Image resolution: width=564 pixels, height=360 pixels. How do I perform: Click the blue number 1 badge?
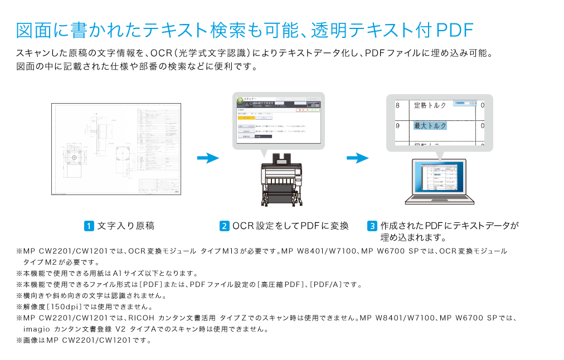89,226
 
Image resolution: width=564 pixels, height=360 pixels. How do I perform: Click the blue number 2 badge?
224,226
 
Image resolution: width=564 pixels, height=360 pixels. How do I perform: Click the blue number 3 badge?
372,226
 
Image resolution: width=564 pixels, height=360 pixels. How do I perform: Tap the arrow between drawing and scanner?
207,158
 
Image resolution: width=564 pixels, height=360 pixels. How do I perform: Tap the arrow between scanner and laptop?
357,158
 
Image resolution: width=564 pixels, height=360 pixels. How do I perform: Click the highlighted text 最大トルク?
430,126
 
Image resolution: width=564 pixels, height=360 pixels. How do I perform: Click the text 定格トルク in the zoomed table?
430,105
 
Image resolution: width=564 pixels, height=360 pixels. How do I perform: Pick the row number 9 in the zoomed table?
397,126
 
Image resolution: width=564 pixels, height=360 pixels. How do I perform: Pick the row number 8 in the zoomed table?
397,105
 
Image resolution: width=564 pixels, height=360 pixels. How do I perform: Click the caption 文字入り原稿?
125,226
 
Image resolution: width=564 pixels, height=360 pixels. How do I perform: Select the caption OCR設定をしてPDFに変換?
290,226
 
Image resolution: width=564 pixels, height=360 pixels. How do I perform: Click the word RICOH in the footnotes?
141,318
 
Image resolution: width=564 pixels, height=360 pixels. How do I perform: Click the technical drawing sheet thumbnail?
116,149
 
